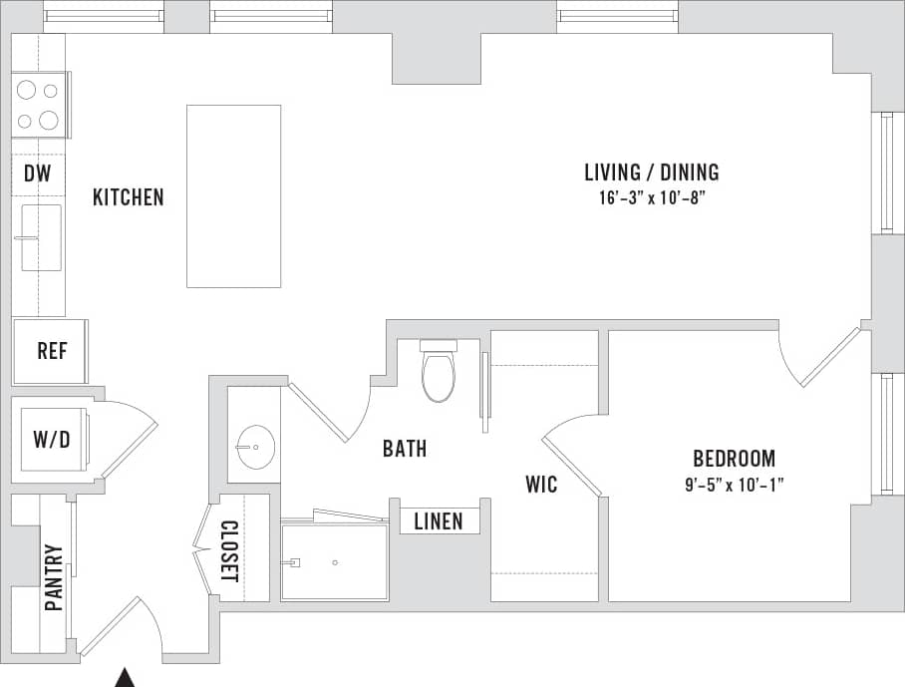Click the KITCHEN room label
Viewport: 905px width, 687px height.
[128, 197]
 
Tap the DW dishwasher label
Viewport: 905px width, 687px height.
[37, 174]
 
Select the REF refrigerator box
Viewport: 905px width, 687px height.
[51, 351]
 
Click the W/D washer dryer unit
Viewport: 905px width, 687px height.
[52, 440]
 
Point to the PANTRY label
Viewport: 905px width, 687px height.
[54, 577]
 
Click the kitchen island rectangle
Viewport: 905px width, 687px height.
[233, 196]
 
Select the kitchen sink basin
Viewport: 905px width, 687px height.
[42, 237]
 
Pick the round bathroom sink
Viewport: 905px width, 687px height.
[257, 448]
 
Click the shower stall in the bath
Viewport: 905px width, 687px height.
[334, 561]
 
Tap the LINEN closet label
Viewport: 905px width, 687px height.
[439, 521]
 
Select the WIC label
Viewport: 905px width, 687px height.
[541, 486]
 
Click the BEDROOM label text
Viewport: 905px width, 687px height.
[734, 459]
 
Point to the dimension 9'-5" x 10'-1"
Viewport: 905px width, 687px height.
[734, 485]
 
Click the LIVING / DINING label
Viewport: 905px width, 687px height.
[651, 172]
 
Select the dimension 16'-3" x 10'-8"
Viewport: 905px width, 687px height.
[651, 198]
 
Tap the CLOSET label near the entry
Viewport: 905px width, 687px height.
[229, 551]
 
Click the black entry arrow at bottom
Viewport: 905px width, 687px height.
[125, 678]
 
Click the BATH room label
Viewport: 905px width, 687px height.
[405, 449]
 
